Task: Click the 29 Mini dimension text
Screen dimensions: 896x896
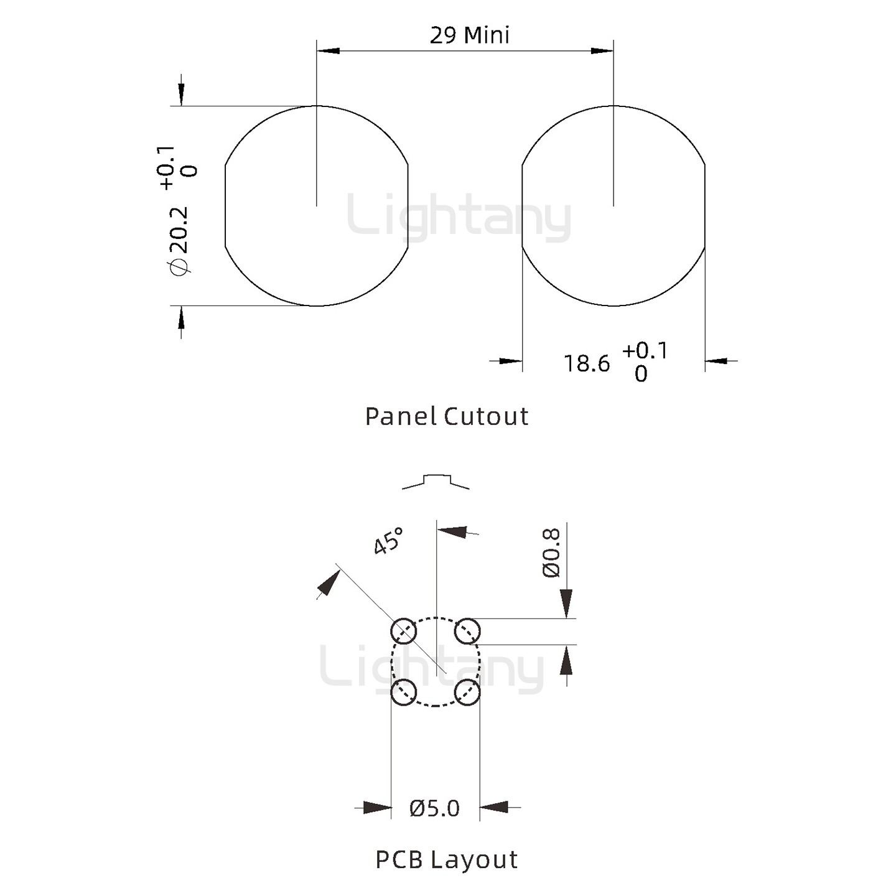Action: pos(469,35)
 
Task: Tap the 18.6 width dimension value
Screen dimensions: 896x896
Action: pos(587,363)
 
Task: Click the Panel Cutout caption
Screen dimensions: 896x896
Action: pos(447,416)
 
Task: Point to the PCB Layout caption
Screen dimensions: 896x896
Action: pos(446,860)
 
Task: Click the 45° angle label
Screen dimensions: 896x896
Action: pos(388,541)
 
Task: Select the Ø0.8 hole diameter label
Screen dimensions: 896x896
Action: pos(552,553)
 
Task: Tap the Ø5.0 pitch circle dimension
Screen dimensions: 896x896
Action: pos(434,808)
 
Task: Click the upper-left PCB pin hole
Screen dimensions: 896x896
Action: pos(403,632)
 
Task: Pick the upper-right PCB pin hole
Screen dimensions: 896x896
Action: pos(467,632)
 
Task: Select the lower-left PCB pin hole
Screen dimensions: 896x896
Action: pos(403,692)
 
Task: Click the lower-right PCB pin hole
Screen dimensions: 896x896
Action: pos(467,692)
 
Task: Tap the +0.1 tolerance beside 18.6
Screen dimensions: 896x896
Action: pos(645,351)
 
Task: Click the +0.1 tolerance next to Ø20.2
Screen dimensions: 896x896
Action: pos(167,167)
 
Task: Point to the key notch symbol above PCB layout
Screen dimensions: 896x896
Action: pos(436,481)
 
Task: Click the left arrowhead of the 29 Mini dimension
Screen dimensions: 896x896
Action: pos(328,50)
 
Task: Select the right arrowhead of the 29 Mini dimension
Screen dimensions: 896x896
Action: pos(602,50)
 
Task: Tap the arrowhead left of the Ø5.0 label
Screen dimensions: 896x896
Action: pos(377,808)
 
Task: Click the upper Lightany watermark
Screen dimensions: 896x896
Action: pos(459,218)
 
